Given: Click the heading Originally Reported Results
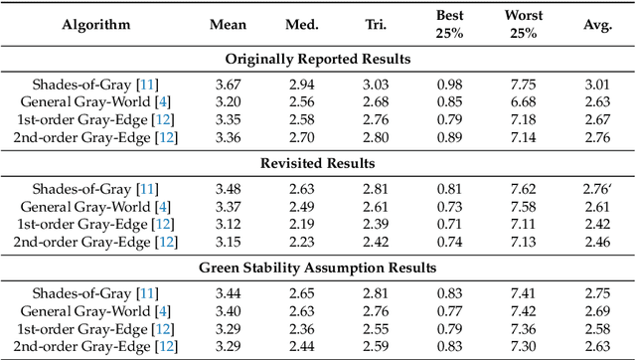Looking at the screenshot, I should [x=318, y=60].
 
